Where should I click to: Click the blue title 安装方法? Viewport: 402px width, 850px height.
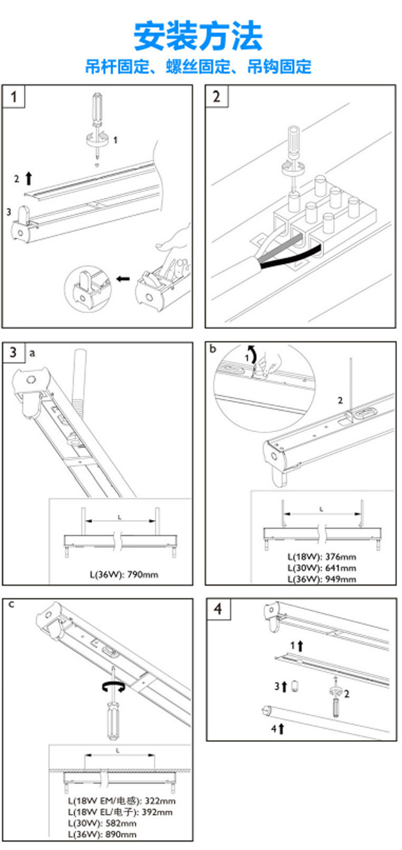coord(198,36)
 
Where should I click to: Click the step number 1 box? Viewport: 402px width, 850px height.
coord(14,96)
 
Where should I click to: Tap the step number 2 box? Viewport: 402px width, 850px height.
coord(216,96)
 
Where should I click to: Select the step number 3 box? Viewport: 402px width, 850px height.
coord(13,352)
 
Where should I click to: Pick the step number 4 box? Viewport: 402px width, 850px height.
coord(218,609)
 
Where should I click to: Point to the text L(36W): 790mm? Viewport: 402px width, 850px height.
coord(124,574)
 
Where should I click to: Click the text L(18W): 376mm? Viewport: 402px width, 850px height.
coord(322,556)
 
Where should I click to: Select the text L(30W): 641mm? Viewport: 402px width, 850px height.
coord(322,568)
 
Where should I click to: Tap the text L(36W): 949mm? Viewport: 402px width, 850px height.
coord(322,579)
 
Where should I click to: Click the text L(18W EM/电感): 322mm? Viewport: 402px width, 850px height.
coord(122,801)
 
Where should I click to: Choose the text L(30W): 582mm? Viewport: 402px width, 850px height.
coord(102,823)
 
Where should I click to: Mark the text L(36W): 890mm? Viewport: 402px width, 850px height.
coord(102,834)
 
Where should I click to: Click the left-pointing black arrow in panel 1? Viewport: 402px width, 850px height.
coord(123,278)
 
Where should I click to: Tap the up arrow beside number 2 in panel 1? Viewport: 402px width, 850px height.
coord(29,178)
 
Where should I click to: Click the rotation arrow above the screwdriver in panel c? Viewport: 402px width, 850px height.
coord(113,687)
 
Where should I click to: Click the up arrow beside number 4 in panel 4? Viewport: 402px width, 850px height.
coord(281,728)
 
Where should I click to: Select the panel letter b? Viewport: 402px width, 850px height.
coord(213,349)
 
